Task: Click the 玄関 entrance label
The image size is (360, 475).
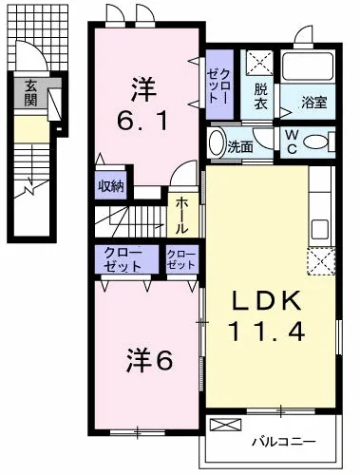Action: click(x=30, y=93)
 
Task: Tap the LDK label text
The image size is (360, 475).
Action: click(x=266, y=300)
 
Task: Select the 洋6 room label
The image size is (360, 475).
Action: click(x=149, y=360)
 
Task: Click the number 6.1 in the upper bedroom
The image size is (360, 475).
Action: click(x=142, y=121)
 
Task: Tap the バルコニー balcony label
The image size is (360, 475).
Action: click(x=283, y=441)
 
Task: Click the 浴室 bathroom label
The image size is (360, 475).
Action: click(x=313, y=103)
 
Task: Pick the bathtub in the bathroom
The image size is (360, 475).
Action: click(x=307, y=66)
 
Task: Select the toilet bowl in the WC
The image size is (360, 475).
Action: click(x=319, y=142)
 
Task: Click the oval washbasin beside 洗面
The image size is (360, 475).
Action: click(x=217, y=142)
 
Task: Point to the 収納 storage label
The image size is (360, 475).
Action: click(x=110, y=186)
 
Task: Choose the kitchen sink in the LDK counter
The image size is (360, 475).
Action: click(x=320, y=229)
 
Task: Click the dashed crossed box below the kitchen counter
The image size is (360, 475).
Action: click(x=321, y=261)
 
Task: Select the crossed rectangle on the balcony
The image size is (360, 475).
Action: click(x=226, y=424)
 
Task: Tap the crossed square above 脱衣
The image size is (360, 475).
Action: click(x=259, y=63)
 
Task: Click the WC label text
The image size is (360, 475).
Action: click(x=292, y=142)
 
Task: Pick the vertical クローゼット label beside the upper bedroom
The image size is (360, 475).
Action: click(x=218, y=85)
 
